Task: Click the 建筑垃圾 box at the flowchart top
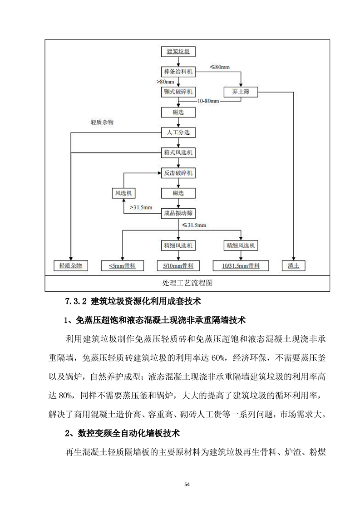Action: click(x=178, y=51)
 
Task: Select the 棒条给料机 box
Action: click(x=178, y=72)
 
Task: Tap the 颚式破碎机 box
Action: click(x=178, y=92)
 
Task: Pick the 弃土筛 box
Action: click(x=241, y=92)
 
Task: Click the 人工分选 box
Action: click(x=178, y=132)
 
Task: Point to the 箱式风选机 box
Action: click(x=178, y=152)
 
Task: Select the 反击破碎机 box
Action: click(x=178, y=173)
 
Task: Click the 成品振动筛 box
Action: click(x=178, y=213)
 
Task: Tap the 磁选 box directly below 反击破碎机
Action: click(x=178, y=193)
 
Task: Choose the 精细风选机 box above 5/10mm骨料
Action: click(x=178, y=245)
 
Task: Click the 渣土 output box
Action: click(x=293, y=265)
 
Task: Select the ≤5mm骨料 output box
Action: click(x=123, y=265)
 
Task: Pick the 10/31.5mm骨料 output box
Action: click(x=241, y=265)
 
